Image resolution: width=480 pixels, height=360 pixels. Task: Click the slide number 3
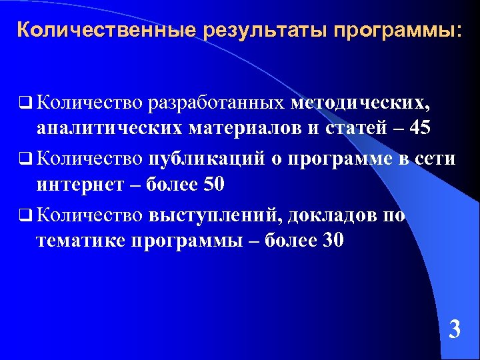454,329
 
